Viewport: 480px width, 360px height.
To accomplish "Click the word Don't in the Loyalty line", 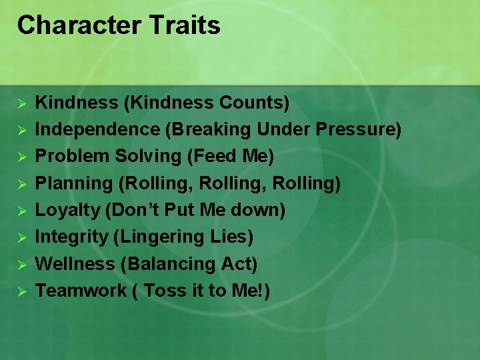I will pos(141,210).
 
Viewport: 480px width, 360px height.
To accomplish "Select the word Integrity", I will pos(70,237).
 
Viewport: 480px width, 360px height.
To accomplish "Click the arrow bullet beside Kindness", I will pos(21,104).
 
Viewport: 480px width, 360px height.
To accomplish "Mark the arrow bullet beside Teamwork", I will pos(21,291).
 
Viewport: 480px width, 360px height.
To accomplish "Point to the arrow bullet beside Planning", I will pos(21,184).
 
